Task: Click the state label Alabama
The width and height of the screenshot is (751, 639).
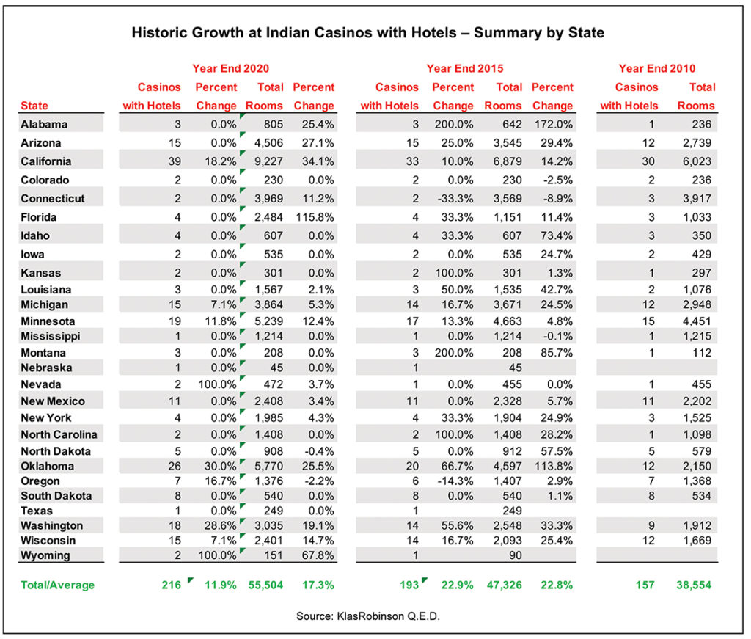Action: [44, 124]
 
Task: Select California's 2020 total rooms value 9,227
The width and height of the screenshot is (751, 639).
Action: [268, 161]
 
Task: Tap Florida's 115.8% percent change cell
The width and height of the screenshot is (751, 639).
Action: [315, 217]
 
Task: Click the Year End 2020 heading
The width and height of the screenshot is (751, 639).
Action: [231, 68]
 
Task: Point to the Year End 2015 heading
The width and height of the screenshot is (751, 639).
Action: [465, 68]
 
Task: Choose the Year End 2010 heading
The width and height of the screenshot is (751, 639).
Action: [657, 68]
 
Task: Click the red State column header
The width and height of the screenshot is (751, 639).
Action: [34, 106]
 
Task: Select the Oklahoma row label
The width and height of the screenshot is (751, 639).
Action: [48, 466]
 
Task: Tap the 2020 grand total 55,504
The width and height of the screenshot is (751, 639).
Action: [265, 585]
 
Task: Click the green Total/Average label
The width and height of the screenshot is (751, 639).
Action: [57, 585]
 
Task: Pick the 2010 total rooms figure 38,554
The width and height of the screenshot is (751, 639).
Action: [694, 585]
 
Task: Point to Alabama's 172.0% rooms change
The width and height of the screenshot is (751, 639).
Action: [554, 124]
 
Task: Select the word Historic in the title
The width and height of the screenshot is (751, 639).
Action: [159, 32]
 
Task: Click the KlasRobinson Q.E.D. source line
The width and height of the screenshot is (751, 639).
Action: [368, 616]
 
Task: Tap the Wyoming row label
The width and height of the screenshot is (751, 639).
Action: [45, 555]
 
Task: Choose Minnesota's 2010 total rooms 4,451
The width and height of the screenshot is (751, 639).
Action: [697, 321]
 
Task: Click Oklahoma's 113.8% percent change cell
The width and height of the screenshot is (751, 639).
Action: [554, 466]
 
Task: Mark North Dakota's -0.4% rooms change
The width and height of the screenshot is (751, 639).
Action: [320, 451]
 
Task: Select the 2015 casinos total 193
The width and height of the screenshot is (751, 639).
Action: [409, 585]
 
